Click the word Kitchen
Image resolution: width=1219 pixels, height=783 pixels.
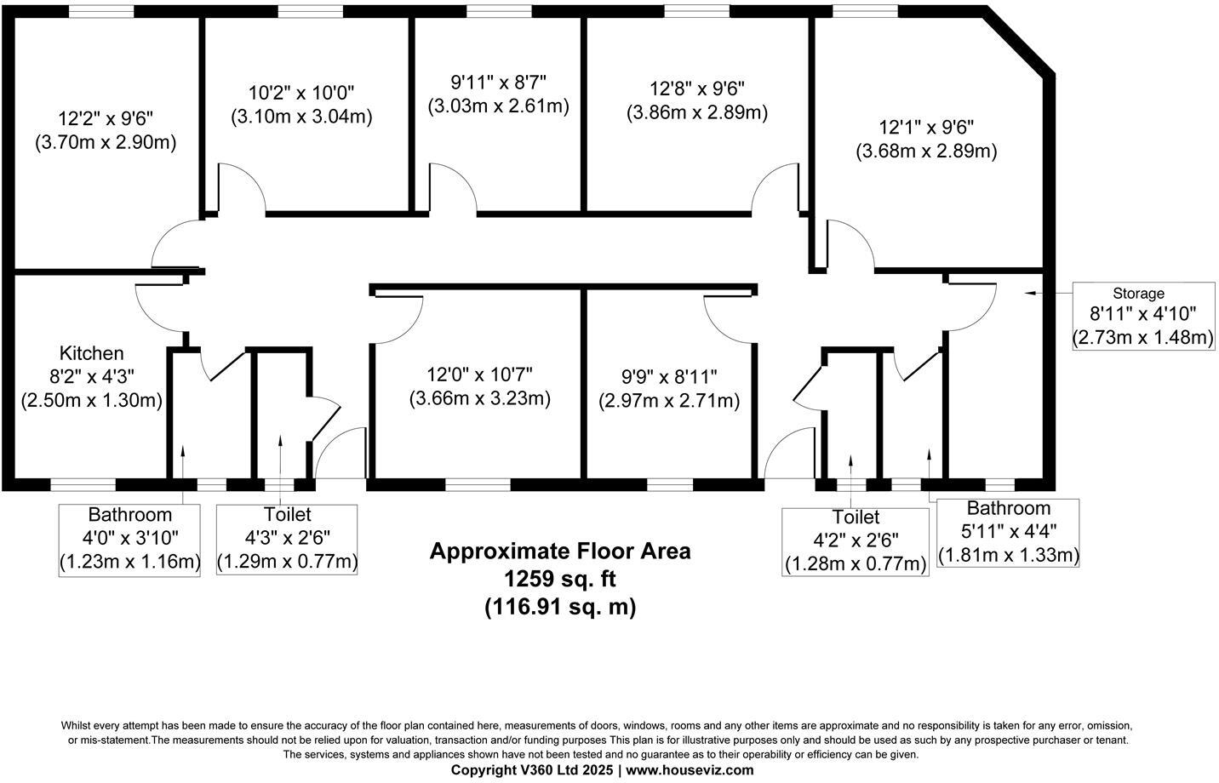tap(91, 352)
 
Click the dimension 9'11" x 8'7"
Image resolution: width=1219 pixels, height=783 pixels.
tap(498, 83)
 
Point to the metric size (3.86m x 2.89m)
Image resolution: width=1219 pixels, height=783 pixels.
tap(697, 112)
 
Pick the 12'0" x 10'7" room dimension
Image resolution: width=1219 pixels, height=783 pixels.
tap(480, 374)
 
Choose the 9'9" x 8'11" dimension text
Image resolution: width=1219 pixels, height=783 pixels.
tap(669, 376)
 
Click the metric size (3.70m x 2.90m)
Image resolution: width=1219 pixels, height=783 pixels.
tap(106, 142)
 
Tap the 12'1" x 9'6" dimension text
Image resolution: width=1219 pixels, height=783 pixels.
tap(926, 128)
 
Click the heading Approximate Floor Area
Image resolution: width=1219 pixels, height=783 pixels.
tap(560, 551)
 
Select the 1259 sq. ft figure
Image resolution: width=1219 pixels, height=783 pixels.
tap(560, 579)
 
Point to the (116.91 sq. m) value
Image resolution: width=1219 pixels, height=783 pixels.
tap(560, 608)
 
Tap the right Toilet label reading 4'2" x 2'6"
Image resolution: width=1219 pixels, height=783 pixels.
tap(856, 540)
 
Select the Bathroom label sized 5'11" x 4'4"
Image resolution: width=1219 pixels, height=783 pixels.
tap(1009, 531)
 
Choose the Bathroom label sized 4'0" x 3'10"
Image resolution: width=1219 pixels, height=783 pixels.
tap(129, 538)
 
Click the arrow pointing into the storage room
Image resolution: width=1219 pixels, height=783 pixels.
tap(1033, 292)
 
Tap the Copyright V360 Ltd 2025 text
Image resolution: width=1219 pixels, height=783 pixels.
tap(532, 769)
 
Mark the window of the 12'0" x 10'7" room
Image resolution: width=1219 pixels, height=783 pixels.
tap(478, 485)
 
